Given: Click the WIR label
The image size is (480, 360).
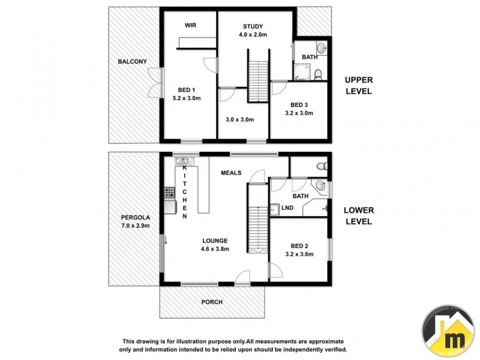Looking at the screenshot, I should coord(190,25).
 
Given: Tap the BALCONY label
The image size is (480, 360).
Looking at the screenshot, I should coord(132,62).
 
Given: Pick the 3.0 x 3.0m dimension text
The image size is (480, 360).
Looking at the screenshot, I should coord(239,119).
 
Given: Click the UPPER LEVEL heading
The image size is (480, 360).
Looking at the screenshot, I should coord(358,85).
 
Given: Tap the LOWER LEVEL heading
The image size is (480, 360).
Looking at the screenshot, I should coord(359,216).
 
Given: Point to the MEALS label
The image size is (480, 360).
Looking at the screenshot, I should coord(231,173).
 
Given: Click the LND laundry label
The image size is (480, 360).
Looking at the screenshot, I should coord(287,209).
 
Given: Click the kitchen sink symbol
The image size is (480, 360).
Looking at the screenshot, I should coord(182,161).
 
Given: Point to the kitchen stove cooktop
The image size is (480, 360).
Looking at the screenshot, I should coord(169,193).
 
